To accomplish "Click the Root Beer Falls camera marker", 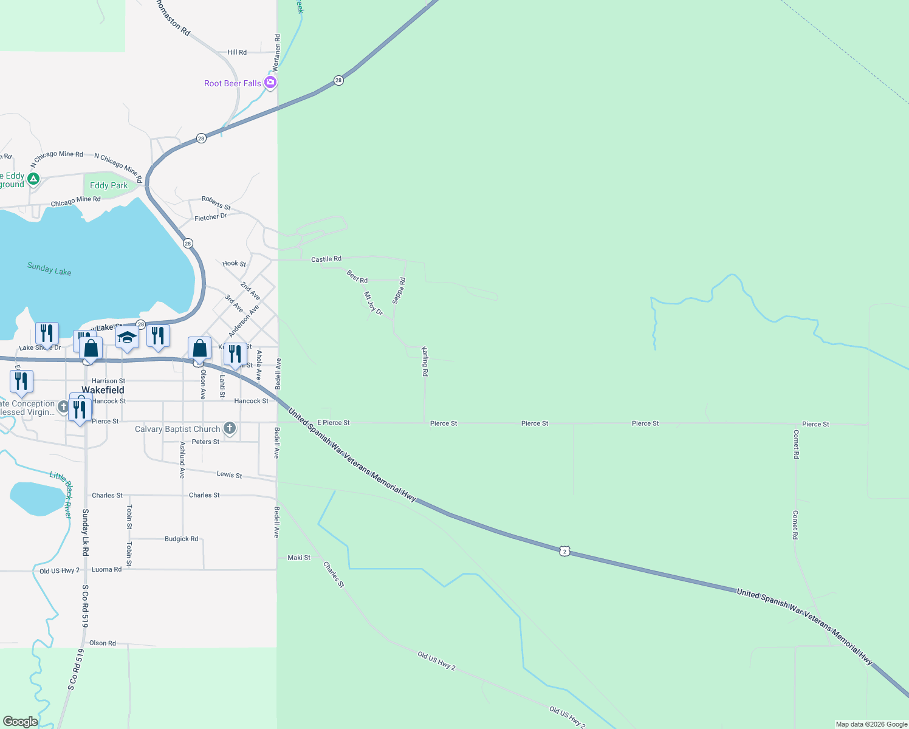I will pos(270,83).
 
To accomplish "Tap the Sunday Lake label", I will pos(49,269).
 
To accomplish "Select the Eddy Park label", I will pos(109,186).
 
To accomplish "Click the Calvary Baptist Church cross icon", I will pos(229,428).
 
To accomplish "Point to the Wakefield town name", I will pos(103,390).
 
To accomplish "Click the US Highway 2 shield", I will pos(565,551).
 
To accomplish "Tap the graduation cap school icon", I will pos(127,337).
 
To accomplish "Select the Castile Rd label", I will pos(326,259).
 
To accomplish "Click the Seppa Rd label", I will pos(398,290).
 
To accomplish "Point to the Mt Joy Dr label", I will pos(373,304).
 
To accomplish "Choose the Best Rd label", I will pos(357,277).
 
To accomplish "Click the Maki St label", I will pos(299,558).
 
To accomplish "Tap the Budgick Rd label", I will pos(181,539).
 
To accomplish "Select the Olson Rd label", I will pos(102,643).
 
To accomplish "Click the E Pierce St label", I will pos(334,423).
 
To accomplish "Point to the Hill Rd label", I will pos(237,52).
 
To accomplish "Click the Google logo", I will pos(20,722).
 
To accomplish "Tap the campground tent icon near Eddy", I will pos(33,179).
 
